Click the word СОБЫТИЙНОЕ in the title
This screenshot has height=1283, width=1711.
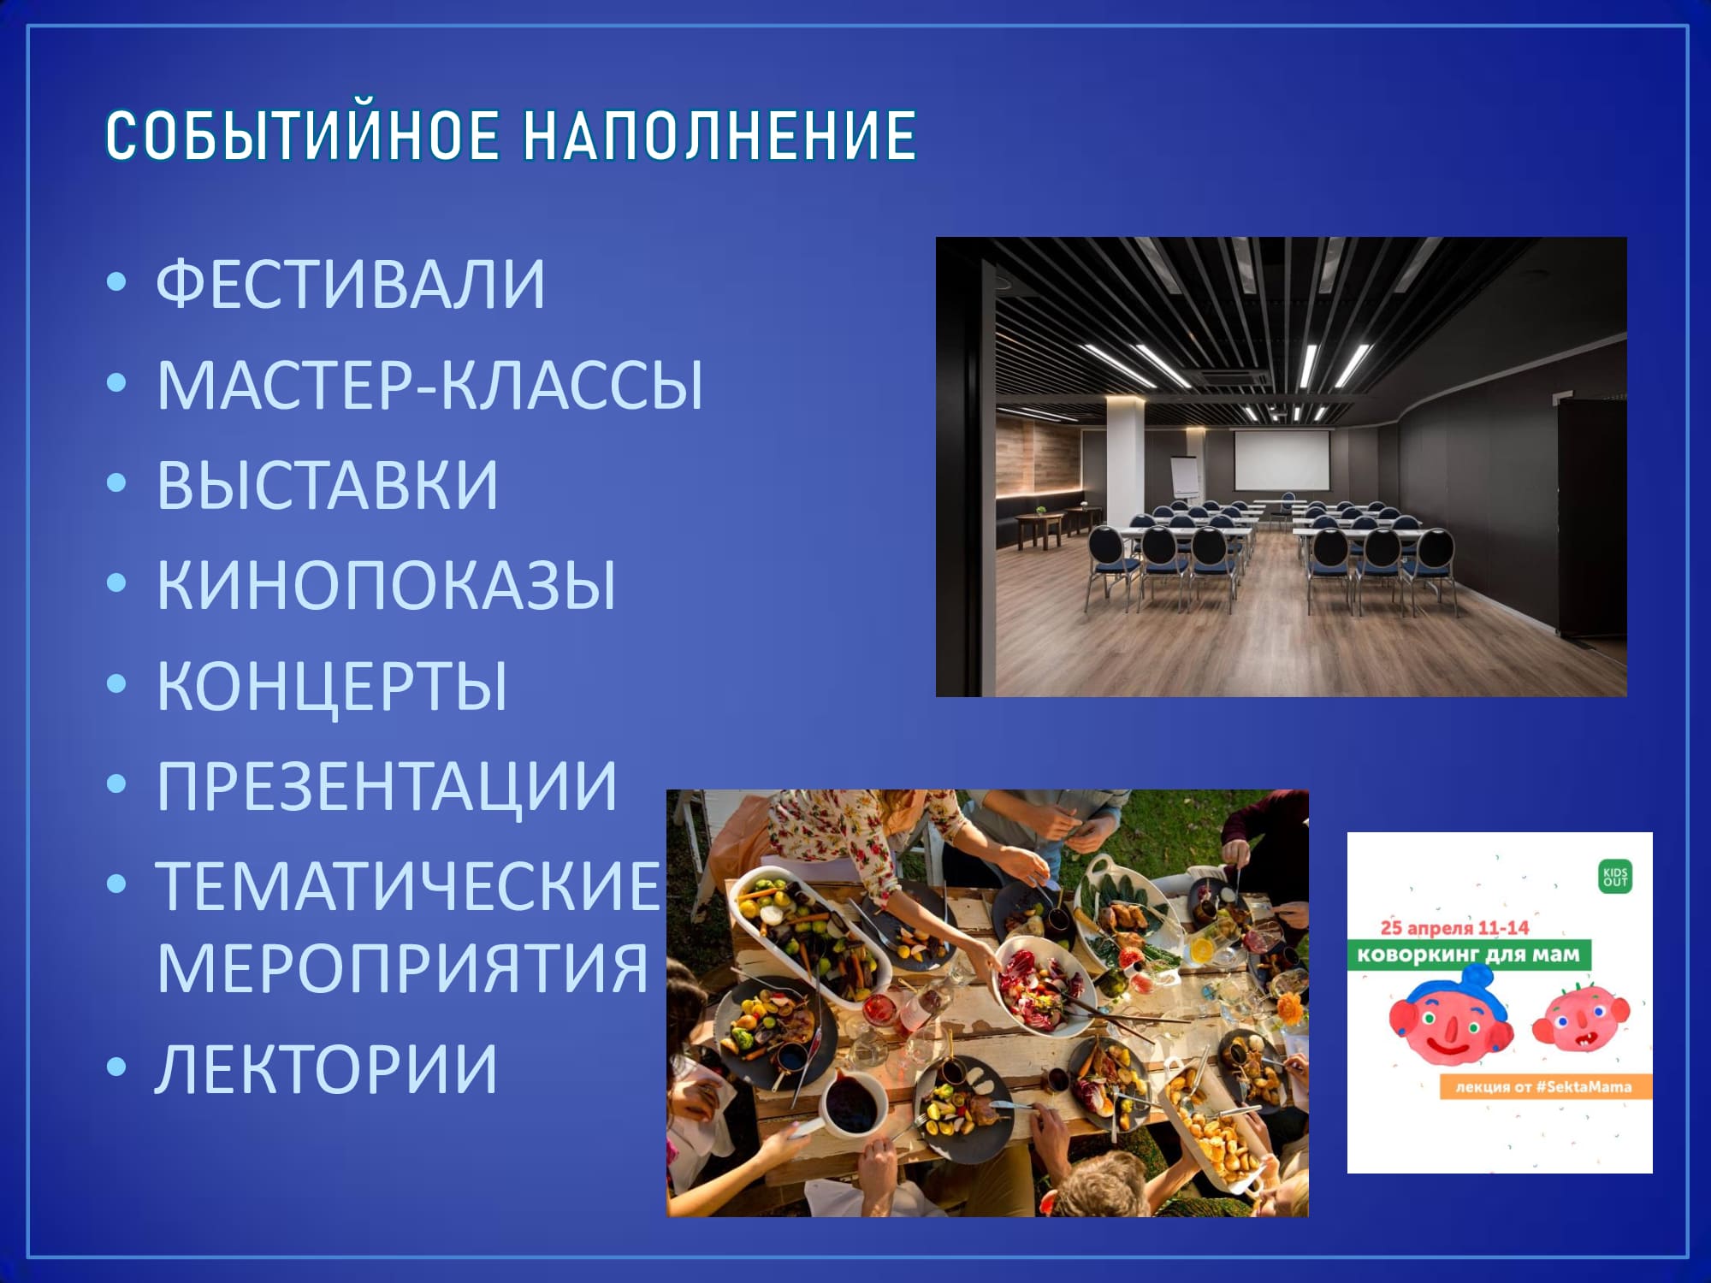coord(303,135)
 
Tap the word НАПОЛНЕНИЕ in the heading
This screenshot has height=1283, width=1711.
coord(719,135)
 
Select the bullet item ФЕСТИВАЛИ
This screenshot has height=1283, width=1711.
coord(351,284)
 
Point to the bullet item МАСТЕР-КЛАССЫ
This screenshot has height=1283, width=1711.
coord(429,385)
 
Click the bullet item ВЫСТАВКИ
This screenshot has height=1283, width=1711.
coord(327,485)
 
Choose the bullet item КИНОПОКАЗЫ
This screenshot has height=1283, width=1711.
coord(386,585)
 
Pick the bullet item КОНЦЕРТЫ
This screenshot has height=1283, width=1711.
coord(332,685)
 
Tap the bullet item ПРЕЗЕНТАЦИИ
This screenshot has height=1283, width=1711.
coord(387,786)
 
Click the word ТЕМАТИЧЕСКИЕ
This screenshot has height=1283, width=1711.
coord(409,886)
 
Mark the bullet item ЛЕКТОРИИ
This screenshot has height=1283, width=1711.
coord(326,1068)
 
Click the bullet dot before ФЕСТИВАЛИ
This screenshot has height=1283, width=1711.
coord(117,283)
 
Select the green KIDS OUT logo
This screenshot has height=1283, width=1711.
coord(1615,877)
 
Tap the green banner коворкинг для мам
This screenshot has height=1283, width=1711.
coord(1469,954)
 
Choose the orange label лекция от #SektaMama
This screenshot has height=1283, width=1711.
coord(1544,1087)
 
